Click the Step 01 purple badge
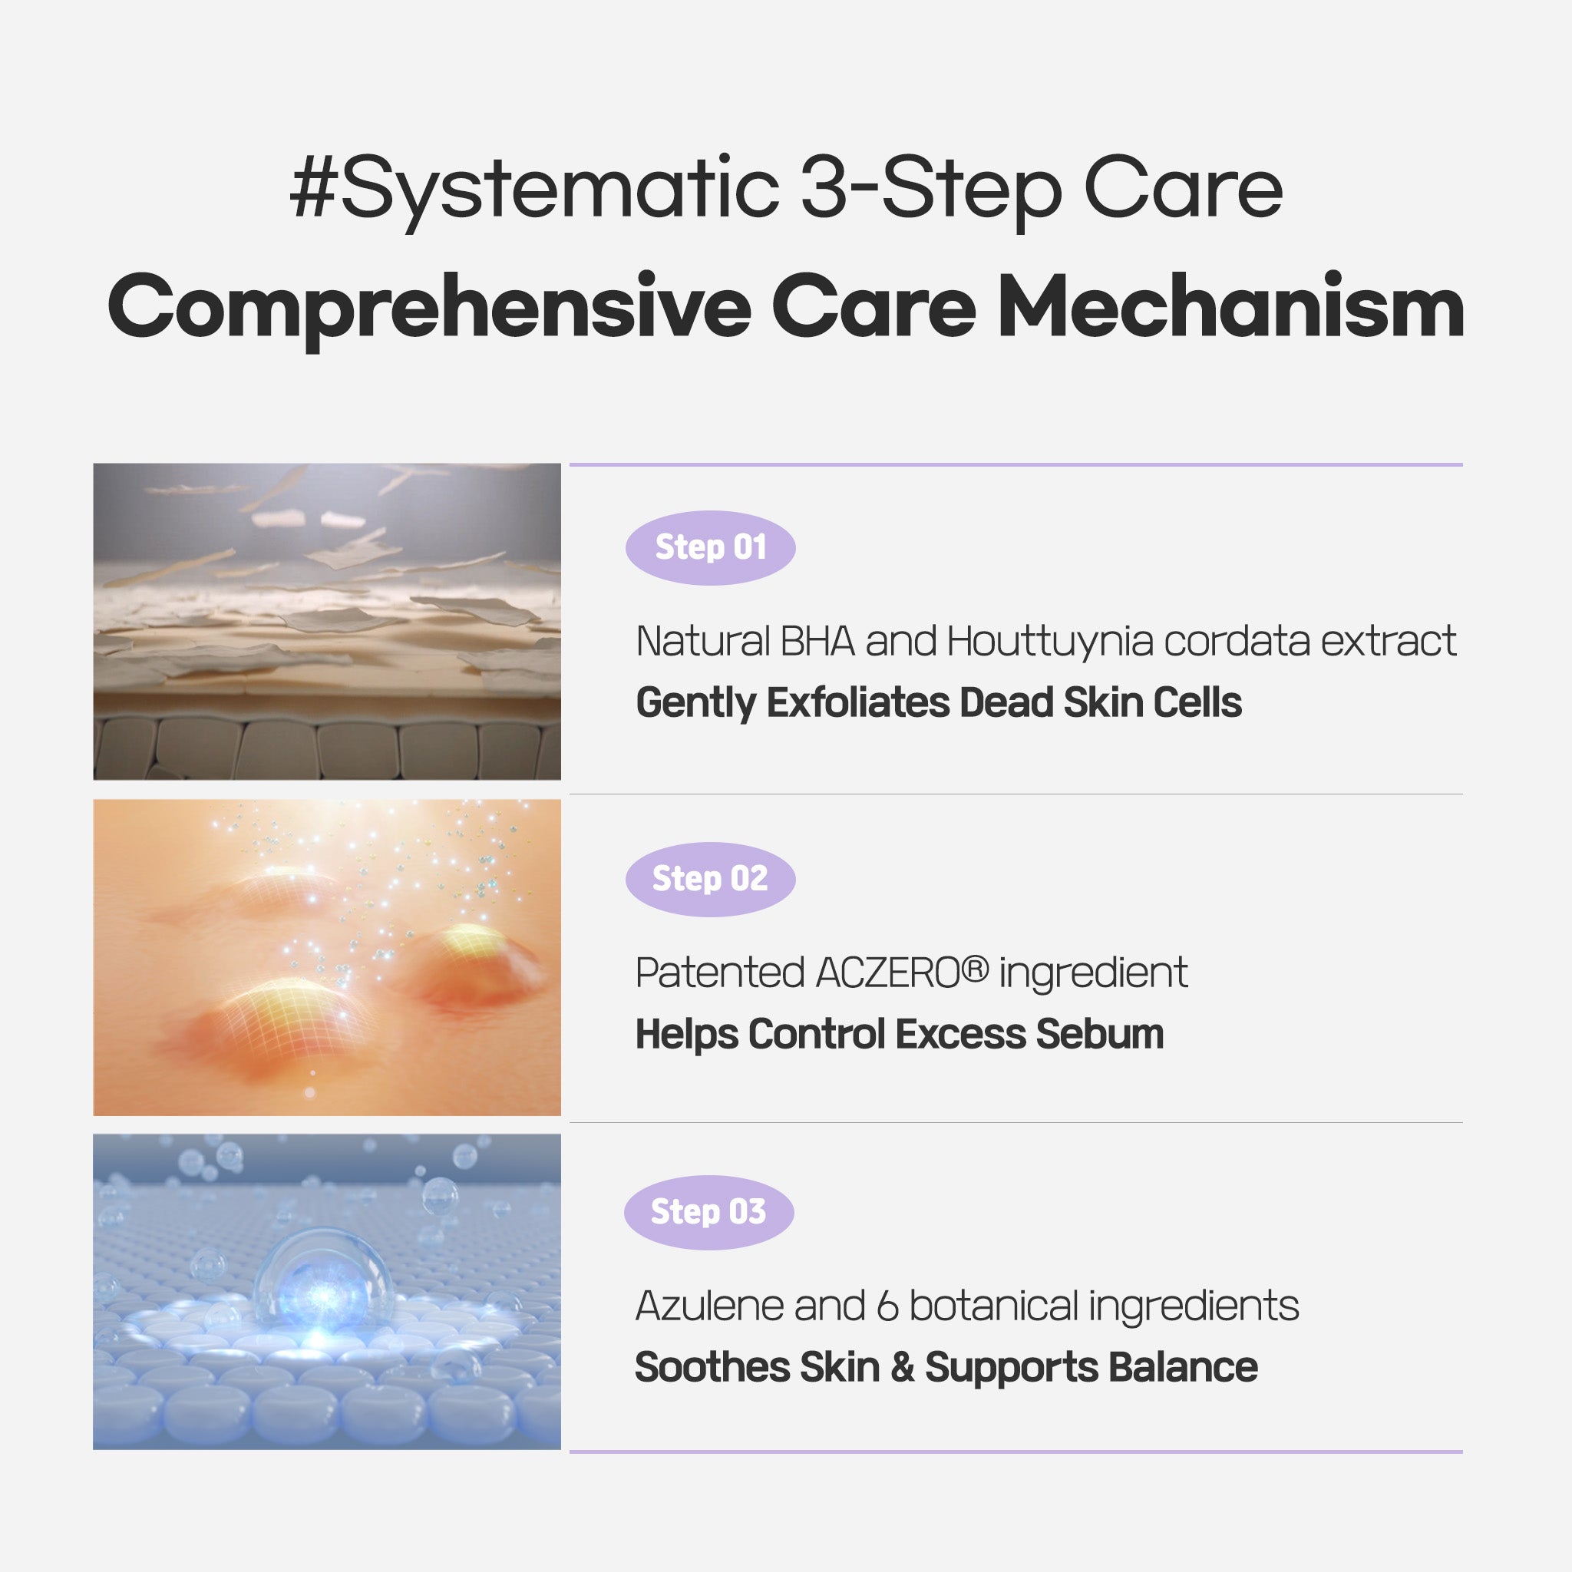(x=709, y=547)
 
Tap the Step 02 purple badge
(x=709, y=879)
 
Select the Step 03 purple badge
(x=708, y=1211)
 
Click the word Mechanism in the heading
(x=1230, y=307)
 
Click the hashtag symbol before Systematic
(x=312, y=190)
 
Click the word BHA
(x=817, y=641)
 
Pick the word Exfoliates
(x=857, y=702)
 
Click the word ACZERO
(x=888, y=973)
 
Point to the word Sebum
(x=1099, y=1034)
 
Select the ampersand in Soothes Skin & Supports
(x=902, y=1368)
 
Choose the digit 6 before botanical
(x=887, y=1306)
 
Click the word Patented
(x=719, y=973)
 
